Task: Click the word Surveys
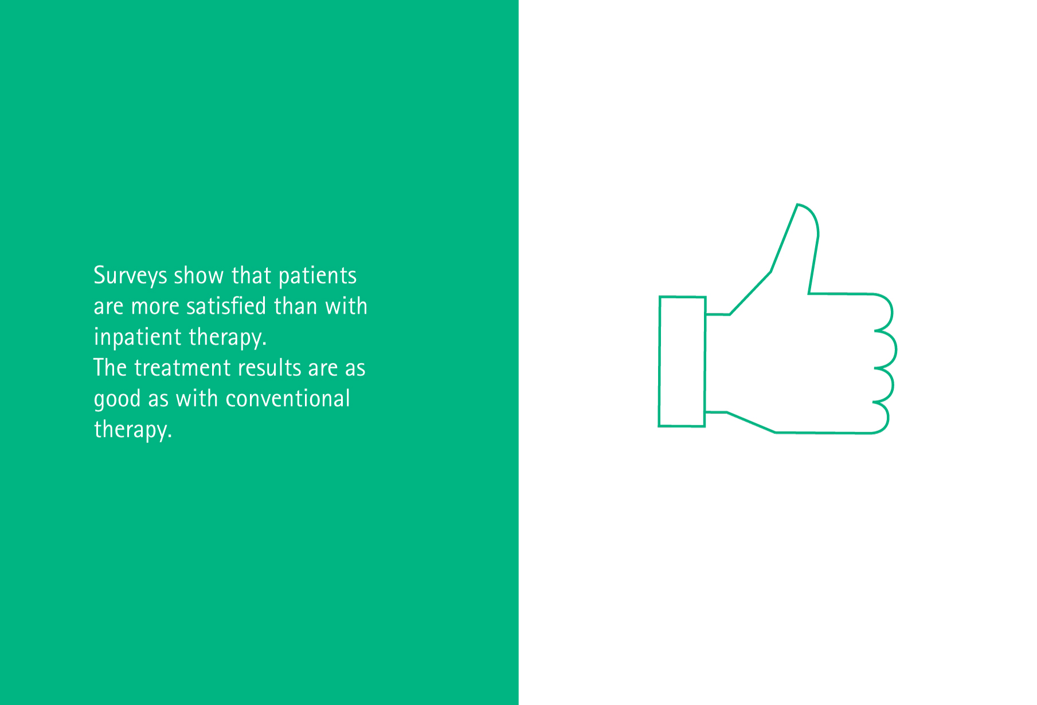click(130, 276)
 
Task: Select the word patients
click(318, 276)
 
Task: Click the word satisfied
click(226, 306)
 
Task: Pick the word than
click(296, 306)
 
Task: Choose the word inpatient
click(138, 338)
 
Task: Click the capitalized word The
click(110, 367)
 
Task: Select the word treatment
click(182, 368)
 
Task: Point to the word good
click(117, 399)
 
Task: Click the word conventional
click(287, 399)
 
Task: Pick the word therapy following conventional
click(133, 430)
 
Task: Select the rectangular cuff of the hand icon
click(682, 362)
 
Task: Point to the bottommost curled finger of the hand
click(881, 418)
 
